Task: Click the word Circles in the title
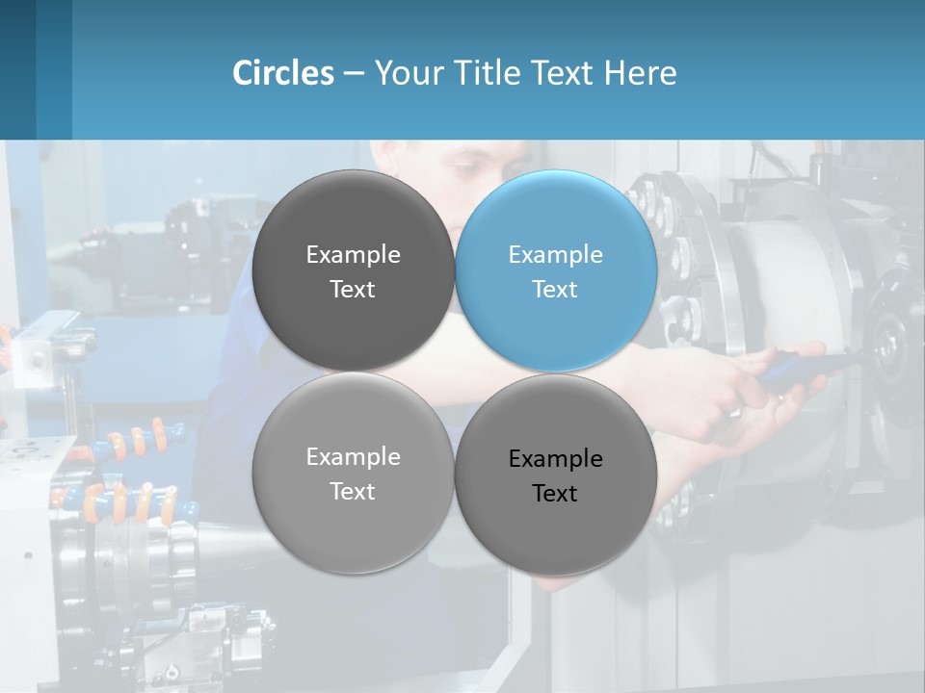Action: [283, 73]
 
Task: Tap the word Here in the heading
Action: [641, 73]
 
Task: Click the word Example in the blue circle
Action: [555, 255]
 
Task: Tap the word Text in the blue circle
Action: [555, 290]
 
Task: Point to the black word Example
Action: [555, 459]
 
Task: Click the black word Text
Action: [555, 494]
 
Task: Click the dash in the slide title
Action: [354, 74]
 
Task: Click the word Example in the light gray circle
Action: [353, 457]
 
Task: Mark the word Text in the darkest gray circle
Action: [353, 290]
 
